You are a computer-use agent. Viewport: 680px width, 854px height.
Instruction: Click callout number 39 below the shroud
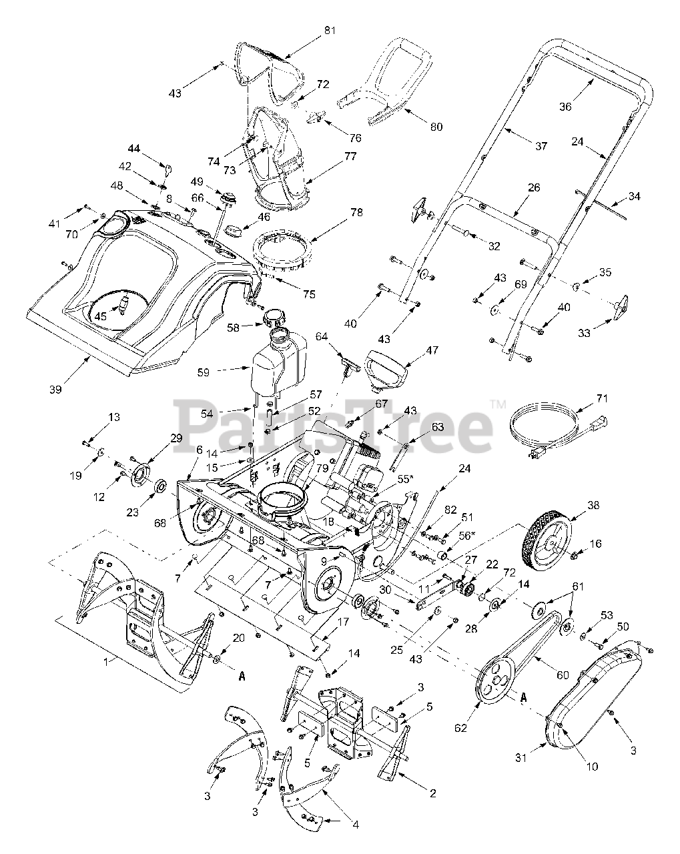(55, 389)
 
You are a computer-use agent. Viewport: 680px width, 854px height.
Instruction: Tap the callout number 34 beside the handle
(634, 197)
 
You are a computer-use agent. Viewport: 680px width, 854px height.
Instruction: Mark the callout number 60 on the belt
(563, 675)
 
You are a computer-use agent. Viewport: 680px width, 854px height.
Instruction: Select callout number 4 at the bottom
(356, 825)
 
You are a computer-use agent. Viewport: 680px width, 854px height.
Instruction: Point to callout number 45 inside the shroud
(100, 315)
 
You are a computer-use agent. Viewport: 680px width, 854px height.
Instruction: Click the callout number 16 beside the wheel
(595, 544)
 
